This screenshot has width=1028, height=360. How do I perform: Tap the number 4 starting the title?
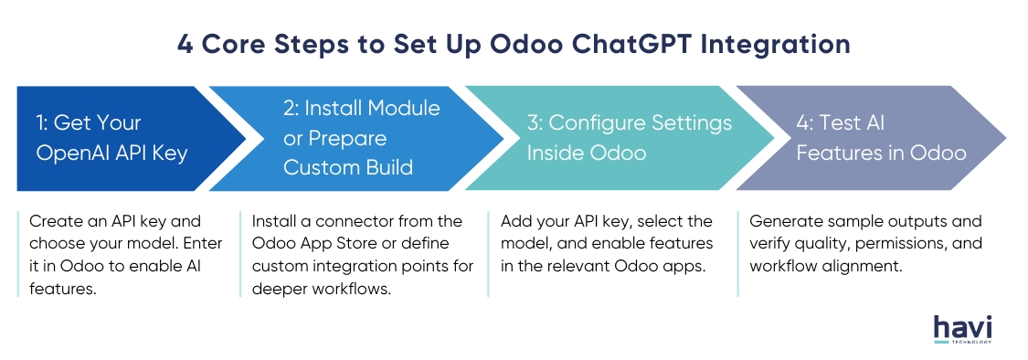click(185, 45)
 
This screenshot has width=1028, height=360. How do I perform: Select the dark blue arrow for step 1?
click(131, 138)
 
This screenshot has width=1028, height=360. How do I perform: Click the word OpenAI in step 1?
click(66, 154)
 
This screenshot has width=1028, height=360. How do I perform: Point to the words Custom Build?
click(348, 167)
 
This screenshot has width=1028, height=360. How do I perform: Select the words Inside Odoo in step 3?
click(587, 153)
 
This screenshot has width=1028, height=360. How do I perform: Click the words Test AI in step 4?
click(841, 122)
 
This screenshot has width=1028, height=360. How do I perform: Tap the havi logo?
click(962, 329)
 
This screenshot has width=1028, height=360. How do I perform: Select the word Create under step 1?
click(50, 221)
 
